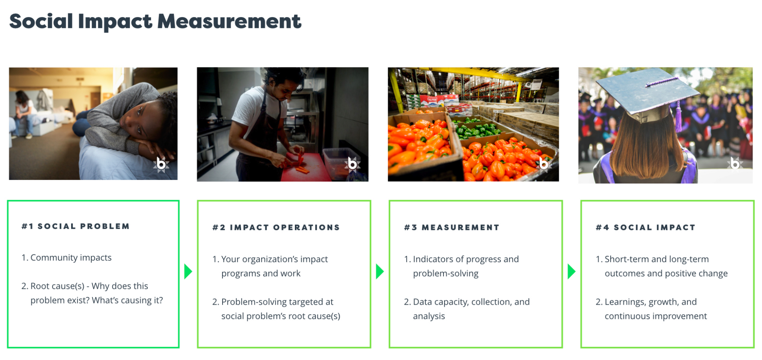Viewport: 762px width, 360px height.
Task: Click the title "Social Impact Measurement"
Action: click(x=155, y=22)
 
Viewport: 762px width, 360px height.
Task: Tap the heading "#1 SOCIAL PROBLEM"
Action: click(x=76, y=226)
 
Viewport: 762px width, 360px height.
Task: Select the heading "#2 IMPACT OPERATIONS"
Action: click(x=276, y=228)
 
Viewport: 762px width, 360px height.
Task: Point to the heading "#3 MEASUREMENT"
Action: click(x=452, y=228)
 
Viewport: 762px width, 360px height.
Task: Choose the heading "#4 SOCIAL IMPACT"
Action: click(x=646, y=228)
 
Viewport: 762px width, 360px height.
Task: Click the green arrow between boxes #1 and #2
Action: click(x=188, y=271)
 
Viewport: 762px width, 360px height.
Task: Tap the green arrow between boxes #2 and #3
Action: click(x=380, y=271)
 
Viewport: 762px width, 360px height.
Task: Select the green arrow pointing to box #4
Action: click(x=571, y=271)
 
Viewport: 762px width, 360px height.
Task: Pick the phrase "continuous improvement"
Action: click(x=656, y=316)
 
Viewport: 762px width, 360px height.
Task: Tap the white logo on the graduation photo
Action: click(x=735, y=163)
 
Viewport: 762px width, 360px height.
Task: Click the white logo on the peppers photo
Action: click(x=543, y=164)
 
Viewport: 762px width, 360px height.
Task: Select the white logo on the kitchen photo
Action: click(x=352, y=164)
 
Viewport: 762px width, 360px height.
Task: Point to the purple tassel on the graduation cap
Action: click(x=678, y=116)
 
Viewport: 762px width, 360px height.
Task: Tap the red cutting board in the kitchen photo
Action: click(x=306, y=168)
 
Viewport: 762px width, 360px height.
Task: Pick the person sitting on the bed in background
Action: click(x=24, y=114)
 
